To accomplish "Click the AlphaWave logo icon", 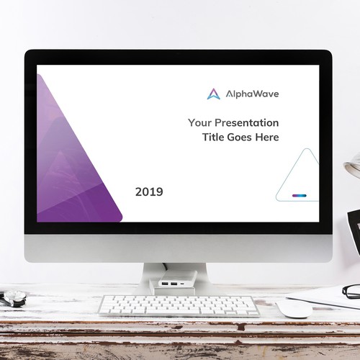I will tap(213, 94).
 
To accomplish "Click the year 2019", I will tap(149, 192).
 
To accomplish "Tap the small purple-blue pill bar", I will tap(300, 195).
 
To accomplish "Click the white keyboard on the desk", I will tap(179, 305).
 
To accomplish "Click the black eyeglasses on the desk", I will tap(351, 291).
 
